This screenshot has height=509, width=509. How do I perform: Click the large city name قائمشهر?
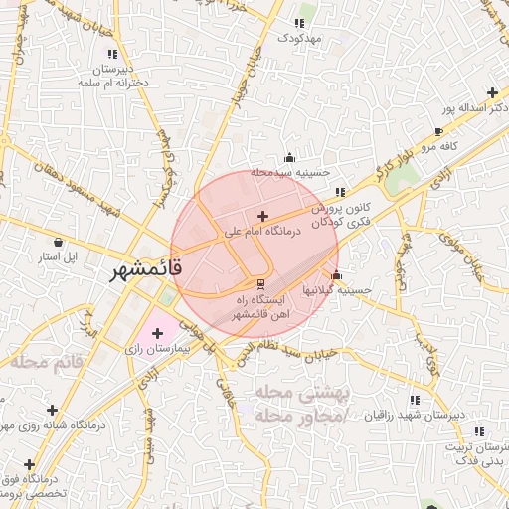pos(142,269)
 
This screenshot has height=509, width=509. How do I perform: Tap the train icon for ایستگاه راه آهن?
pos(260,282)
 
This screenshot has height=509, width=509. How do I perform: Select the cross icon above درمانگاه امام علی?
pos(261,216)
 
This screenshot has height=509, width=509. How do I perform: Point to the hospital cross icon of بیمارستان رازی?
pos(157,332)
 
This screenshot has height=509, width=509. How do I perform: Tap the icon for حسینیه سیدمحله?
pos(289,157)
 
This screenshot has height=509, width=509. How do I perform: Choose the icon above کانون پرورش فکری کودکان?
pos(340,192)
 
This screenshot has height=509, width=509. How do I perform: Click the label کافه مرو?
pos(436,147)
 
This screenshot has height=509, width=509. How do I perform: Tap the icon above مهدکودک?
pos(298,23)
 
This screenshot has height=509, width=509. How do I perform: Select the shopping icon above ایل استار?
pos(58,242)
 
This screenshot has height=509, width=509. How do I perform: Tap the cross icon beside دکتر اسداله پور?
pos(492,92)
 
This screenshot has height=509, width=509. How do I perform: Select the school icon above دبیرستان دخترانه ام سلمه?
pos(112,54)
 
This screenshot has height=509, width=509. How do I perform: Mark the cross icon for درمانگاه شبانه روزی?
pos(52,410)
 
